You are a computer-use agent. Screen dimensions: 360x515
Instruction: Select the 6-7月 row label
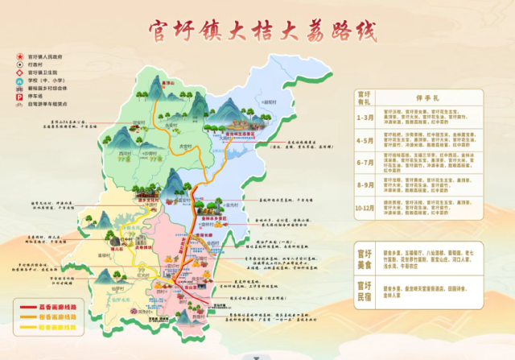[365, 166]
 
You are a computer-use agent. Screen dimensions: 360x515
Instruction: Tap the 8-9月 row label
[365, 190]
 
